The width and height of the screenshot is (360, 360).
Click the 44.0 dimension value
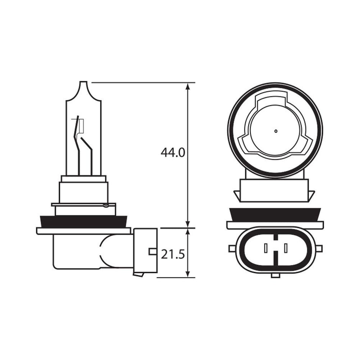(x=172, y=153)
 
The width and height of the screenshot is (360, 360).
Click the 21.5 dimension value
(x=172, y=254)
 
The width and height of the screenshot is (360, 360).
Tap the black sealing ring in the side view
(x=84, y=222)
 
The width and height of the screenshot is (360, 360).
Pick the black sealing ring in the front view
(x=275, y=215)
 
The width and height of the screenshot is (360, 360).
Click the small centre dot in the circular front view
(x=275, y=131)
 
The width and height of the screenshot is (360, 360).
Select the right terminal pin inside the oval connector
(x=285, y=249)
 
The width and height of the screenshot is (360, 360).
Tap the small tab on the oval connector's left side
(x=232, y=249)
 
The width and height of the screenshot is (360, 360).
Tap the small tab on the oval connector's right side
(x=319, y=249)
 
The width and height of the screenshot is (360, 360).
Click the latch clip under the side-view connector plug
(x=138, y=274)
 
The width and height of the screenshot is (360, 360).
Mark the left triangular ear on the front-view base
(x=237, y=195)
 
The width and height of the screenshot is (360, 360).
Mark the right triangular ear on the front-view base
(x=311, y=195)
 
